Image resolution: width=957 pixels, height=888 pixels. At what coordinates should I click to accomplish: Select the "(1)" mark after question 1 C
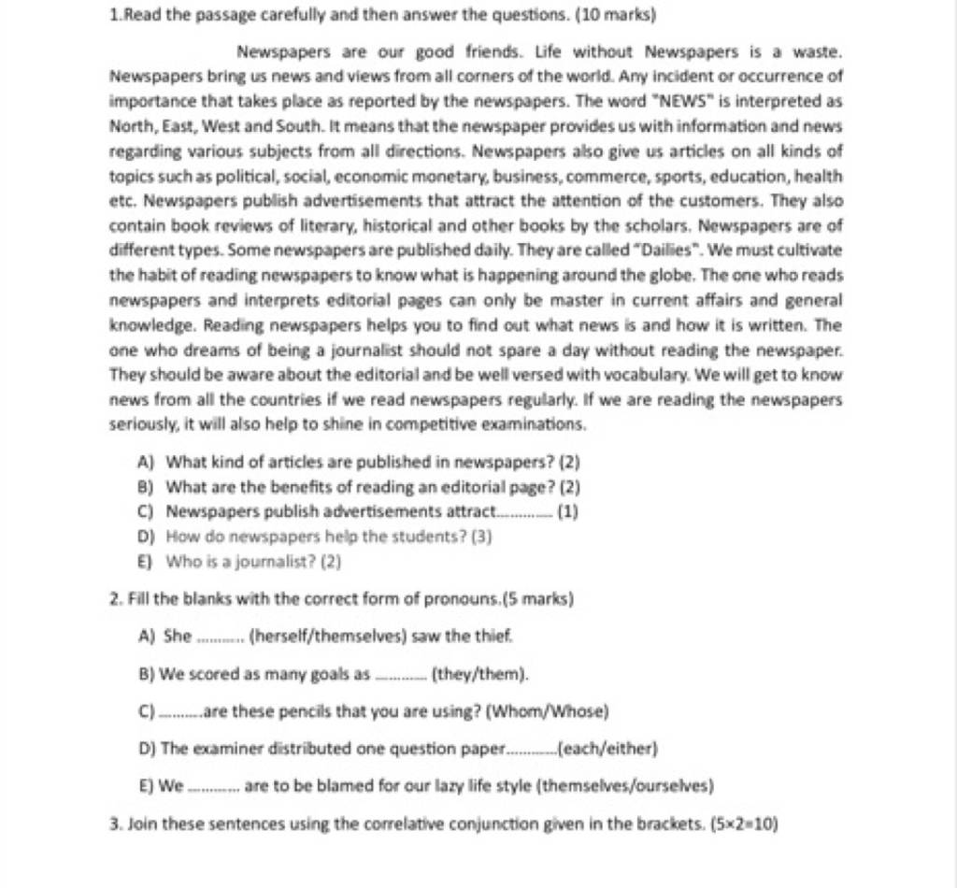(567, 512)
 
